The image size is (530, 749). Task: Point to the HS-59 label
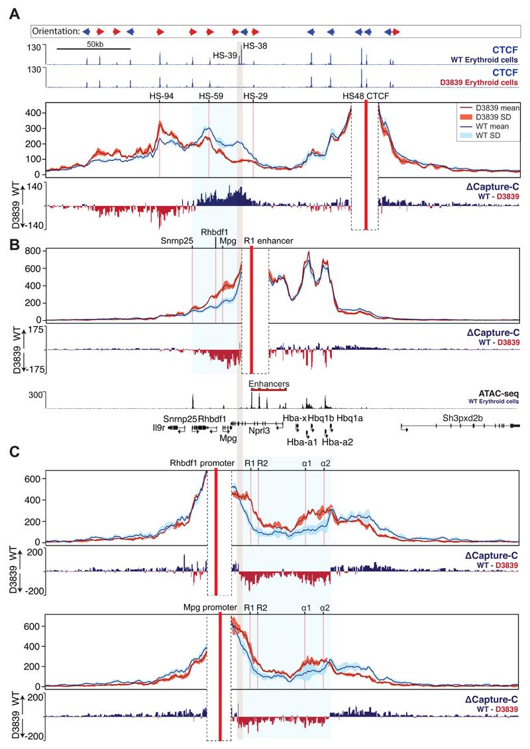[x=211, y=97]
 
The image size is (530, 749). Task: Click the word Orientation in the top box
[x=56, y=30]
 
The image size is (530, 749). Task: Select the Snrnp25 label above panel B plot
[x=177, y=241]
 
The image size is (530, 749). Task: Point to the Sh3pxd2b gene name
[x=463, y=418]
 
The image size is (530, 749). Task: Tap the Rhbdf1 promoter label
[x=199, y=463]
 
